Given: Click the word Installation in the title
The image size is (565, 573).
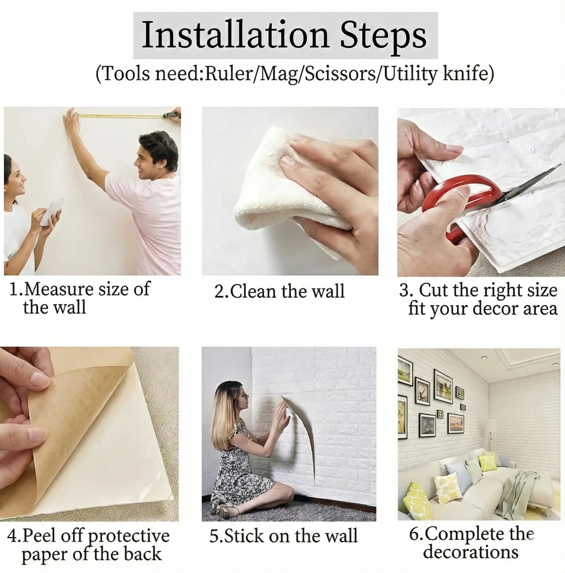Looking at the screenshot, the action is coord(235,35).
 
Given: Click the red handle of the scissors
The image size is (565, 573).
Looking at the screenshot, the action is coord(463,201).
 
